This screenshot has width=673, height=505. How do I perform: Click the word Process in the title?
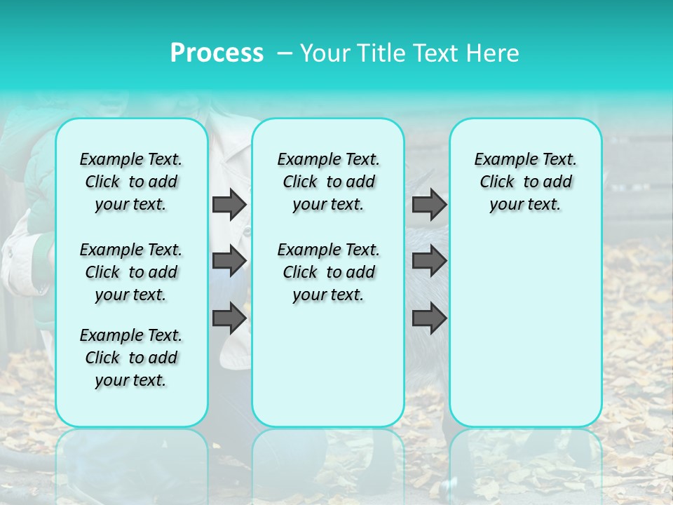point(217,53)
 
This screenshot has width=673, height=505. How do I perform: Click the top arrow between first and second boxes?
point(229,204)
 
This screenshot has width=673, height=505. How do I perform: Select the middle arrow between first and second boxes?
point(229,261)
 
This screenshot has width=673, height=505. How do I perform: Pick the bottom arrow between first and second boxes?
point(229,318)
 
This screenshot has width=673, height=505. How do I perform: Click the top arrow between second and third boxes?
point(429,204)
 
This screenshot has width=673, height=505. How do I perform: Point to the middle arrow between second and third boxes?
point(429,261)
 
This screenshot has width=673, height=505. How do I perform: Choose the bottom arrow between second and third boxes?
point(429,318)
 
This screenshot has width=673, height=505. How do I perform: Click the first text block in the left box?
point(131,182)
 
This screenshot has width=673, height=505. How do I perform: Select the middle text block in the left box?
point(131,272)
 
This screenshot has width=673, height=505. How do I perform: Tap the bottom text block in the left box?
point(131,358)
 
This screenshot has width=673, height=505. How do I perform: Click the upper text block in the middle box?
point(328,182)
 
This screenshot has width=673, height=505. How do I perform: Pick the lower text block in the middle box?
point(328,272)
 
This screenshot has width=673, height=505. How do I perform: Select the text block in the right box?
point(525,182)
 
